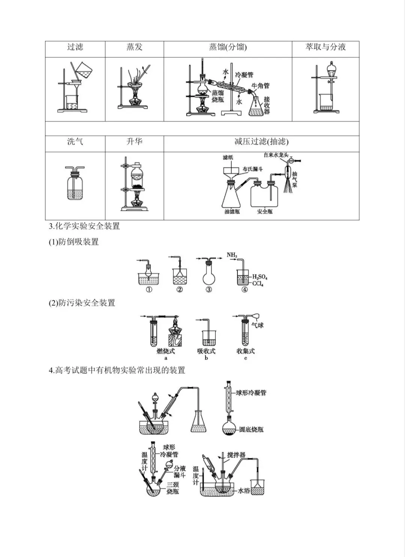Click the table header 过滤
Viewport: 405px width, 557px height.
tap(75, 47)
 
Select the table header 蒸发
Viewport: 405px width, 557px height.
tap(134, 47)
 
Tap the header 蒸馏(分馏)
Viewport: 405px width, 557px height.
tap(228, 47)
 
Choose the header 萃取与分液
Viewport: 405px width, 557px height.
tap(325, 47)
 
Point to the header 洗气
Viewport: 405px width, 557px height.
tap(75, 142)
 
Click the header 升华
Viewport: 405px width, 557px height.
tap(134, 142)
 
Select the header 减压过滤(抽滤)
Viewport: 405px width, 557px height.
tap(261, 142)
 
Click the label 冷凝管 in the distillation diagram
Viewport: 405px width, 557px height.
tap(244, 75)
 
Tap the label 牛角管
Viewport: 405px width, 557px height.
tap(261, 86)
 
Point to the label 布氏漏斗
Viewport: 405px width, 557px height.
tap(253, 169)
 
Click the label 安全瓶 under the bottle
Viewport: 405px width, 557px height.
tap(265, 212)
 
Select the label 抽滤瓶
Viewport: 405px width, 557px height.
tap(232, 212)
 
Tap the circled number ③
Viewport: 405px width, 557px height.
tap(209, 290)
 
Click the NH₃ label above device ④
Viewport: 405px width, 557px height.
tap(232, 255)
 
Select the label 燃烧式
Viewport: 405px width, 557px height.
tap(166, 351)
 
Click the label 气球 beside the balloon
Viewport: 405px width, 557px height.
tap(258, 326)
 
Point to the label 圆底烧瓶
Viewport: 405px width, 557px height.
tap(251, 429)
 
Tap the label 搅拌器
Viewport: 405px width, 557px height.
tap(236, 455)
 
